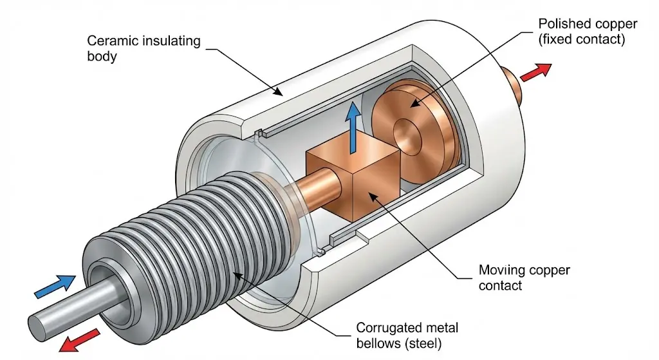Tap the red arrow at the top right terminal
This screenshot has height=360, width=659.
[536, 71]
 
